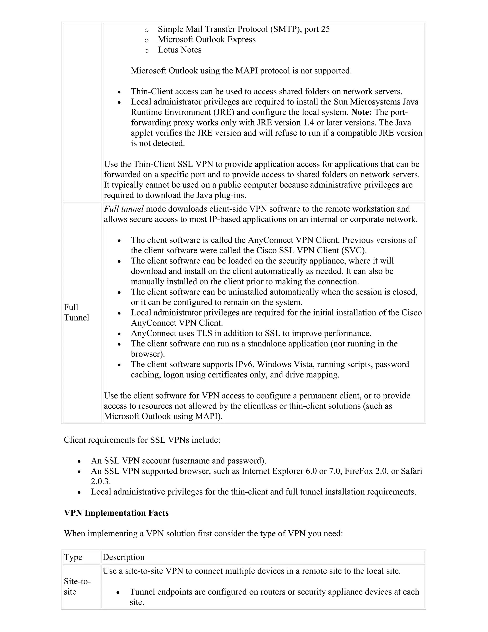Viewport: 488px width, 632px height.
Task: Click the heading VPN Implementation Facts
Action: pos(116,513)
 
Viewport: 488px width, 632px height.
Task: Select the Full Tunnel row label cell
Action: pos(76,312)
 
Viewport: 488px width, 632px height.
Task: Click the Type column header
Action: pos(73,557)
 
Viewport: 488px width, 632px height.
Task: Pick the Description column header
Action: pos(123,557)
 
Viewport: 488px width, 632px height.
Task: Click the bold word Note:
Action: pos(361,112)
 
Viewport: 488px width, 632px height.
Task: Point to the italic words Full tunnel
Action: pos(123,209)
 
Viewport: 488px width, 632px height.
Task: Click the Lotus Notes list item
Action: pos(179,50)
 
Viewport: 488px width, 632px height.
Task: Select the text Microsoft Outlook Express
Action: pos(207,39)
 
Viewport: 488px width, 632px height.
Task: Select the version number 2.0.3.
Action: pos(101,482)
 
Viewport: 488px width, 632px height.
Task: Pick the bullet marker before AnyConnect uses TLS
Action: pos(119,334)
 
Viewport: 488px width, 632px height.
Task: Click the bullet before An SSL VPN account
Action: pos(79,461)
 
